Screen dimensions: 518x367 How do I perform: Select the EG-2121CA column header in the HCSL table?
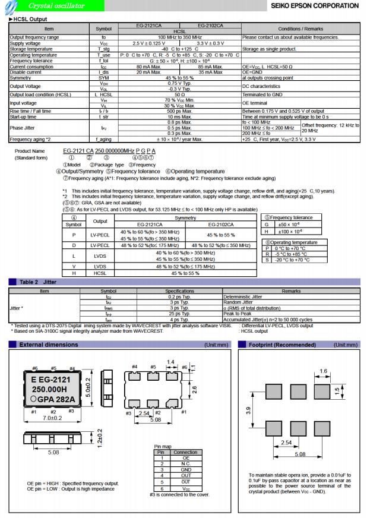148,26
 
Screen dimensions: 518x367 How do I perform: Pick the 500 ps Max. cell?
179,110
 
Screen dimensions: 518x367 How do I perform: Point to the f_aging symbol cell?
103,139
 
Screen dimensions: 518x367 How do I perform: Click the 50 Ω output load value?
179,94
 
